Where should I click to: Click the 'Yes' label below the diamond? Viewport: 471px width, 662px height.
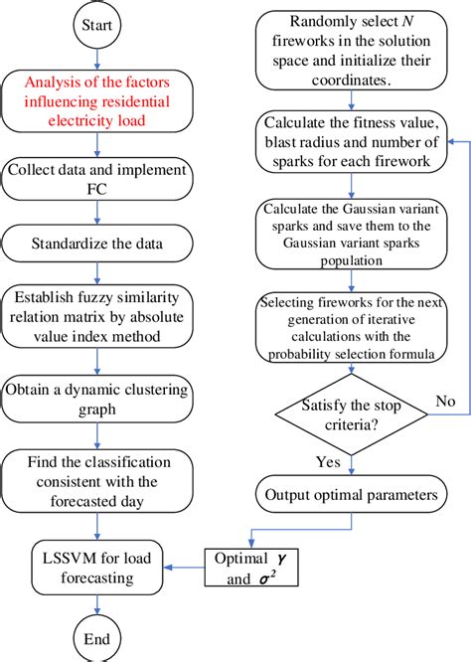pos(329,462)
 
